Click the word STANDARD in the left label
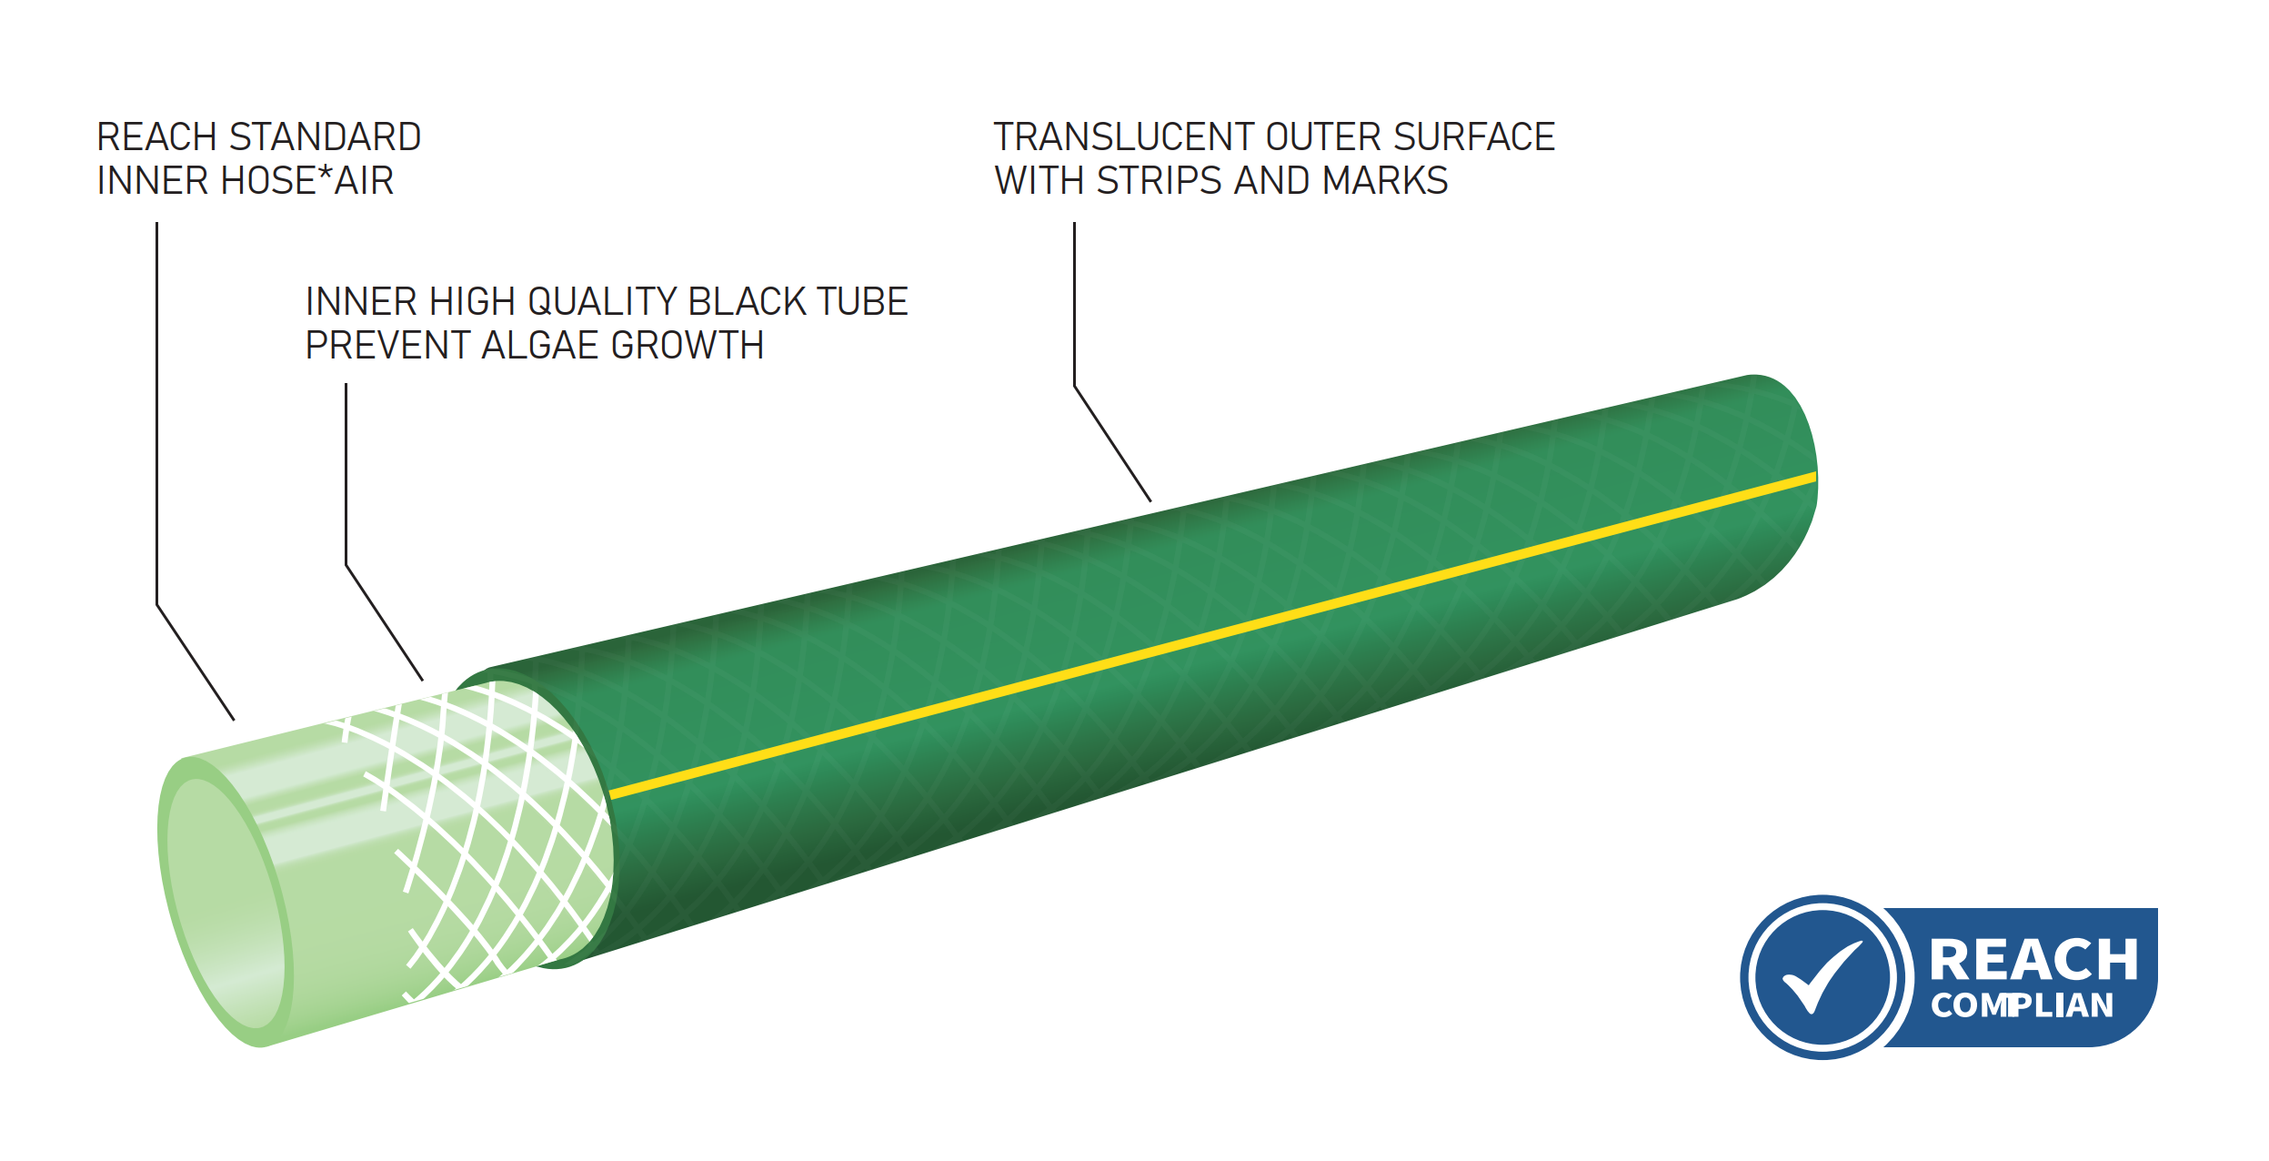325,137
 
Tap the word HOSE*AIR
307,181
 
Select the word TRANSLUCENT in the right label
1125,137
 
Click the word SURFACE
1474,137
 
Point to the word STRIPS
1160,181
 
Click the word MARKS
1385,181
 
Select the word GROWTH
688,346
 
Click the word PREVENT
387,346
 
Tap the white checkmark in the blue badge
1822,976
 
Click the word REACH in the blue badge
2033,961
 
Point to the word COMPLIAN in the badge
2022,1005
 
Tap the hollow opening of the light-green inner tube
226,903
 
